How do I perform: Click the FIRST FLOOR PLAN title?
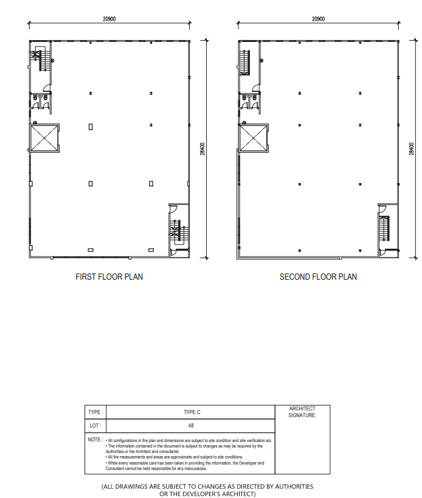pos(109,277)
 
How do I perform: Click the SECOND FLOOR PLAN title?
pos(318,277)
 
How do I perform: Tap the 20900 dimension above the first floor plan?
pos(109,19)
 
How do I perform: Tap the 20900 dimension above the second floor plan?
pos(318,19)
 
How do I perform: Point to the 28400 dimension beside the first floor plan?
pos(202,148)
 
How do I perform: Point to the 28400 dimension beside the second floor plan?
pos(412,148)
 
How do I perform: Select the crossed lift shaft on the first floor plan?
pos(44,138)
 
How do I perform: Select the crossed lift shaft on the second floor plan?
pos(253,138)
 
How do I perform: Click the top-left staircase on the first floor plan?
pos(40,59)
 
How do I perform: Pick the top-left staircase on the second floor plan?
pos(244,62)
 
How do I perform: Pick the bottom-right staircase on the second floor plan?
pos(384,229)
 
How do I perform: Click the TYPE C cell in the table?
pos(192,412)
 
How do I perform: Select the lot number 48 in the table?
pos(191,425)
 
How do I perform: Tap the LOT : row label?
pos(95,425)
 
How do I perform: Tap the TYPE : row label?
pos(95,412)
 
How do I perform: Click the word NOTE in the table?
pos(94,440)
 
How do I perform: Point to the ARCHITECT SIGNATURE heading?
pos(302,412)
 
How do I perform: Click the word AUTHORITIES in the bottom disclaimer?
pos(294,486)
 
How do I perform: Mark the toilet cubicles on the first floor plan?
pos(40,101)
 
